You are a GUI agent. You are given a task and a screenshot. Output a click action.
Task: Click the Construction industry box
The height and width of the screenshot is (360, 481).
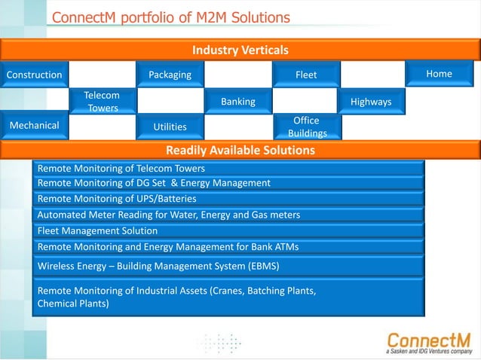tap(34, 75)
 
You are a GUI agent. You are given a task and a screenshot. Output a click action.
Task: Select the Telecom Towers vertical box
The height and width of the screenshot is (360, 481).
tap(102, 102)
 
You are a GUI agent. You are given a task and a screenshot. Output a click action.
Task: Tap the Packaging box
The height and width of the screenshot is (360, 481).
tap(170, 75)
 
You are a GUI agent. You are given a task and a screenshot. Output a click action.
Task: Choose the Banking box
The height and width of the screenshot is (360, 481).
tap(237, 101)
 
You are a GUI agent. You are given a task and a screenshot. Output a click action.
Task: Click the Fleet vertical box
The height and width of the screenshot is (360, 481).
tap(305, 75)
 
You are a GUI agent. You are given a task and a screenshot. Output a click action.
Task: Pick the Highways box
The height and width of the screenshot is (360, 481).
tap(373, 101)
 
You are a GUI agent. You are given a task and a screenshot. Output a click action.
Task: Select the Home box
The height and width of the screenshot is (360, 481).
tap(440, 74)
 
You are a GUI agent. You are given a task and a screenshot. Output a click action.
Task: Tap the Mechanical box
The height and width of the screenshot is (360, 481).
tap(34, 126)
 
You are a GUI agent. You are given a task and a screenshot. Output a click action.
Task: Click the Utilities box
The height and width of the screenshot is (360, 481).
tap(170, 127)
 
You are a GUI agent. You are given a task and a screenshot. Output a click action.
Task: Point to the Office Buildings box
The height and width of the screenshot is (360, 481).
tap(305, 127)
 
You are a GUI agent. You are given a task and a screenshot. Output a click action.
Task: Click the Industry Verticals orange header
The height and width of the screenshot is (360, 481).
tap(240, 50)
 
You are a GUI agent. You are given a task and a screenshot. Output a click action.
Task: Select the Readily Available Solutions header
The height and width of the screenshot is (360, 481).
tap(240, 151)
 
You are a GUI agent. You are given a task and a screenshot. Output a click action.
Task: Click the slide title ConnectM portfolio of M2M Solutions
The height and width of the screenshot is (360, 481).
tap(170, 17)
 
